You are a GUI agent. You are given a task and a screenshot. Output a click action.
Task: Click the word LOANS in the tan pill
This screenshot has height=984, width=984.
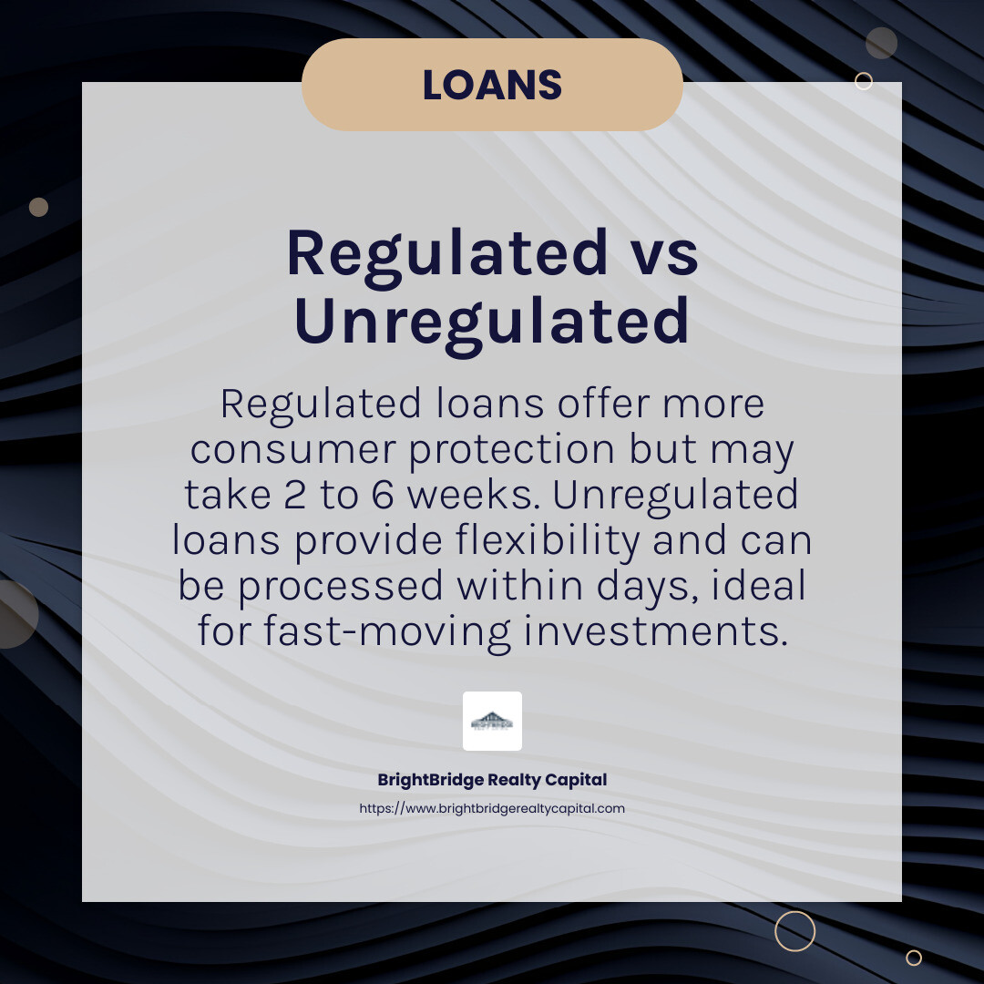click(x=492, y=85)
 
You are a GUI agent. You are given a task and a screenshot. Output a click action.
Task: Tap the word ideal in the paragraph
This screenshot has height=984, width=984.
click(x=761, y=586)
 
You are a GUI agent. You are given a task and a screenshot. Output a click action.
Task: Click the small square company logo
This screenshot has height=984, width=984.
click(x=492, y=721)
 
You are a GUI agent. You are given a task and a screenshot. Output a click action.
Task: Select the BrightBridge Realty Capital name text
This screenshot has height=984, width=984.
click(x=492, y=780)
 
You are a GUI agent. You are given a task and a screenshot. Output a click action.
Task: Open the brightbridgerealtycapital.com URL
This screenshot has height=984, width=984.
click(x=492, y=808)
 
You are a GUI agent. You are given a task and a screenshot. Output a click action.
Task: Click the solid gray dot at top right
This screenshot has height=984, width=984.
click(x=881, y=43)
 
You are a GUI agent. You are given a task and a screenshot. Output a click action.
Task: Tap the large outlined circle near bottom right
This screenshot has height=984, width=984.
click(x=794, y=930)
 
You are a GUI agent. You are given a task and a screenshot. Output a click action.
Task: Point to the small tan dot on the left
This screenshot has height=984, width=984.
click(x=38, y=207)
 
